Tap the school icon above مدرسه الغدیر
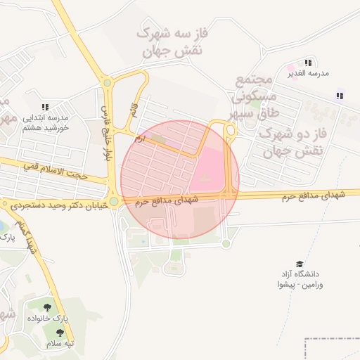(x=308, y=63)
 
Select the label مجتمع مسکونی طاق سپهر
(x=255, y=98)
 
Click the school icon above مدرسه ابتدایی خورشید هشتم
(x=45, y=108)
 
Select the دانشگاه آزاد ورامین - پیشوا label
(x=300, y=279)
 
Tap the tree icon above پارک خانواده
(x=47, y=307)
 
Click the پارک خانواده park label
(x=47, y=319)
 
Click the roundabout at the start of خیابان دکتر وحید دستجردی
(x=114, y=201)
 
